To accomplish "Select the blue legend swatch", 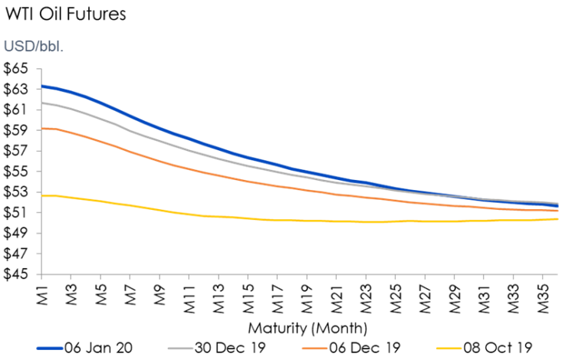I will point(50,349).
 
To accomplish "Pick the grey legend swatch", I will point(181,349).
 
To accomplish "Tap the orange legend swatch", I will point(314,349).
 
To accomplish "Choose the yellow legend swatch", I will point(448,349).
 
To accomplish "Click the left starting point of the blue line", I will point(41,87).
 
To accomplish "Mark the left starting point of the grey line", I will point(41,102).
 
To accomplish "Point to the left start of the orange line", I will point(41,129).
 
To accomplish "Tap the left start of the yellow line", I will point(41,196).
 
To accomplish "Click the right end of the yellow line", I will point(557,219).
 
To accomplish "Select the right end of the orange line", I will point(557,210).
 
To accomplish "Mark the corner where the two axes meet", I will point(41,273).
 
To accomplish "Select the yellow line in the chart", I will point(307,221).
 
